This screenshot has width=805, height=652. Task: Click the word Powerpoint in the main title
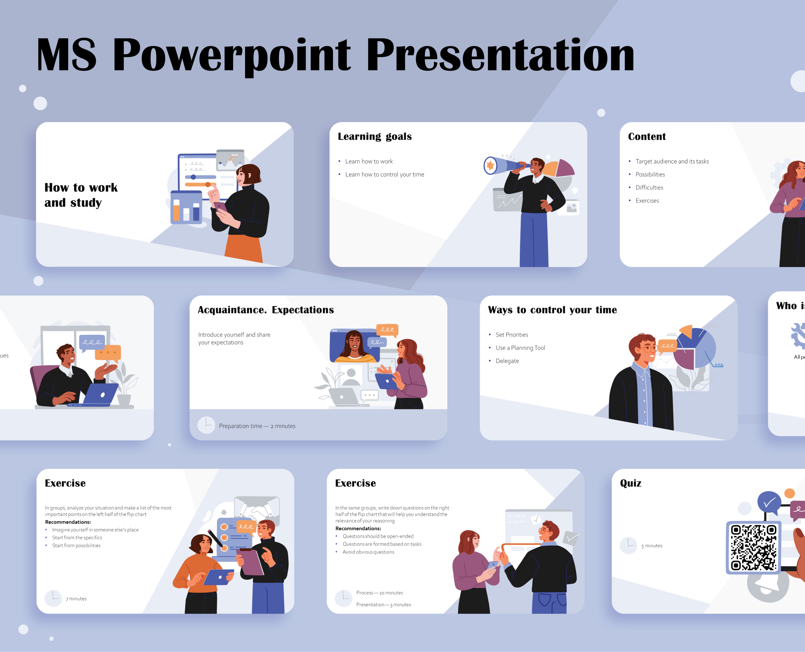click(231, 55)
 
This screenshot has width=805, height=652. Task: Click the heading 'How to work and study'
click(81, 195)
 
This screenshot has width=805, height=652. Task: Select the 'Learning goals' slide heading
click(375, 136)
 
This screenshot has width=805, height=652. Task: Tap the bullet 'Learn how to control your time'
click(384, 175)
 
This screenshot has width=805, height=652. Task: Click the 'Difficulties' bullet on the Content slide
click(649, 187)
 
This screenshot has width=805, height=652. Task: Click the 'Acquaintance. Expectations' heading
click(265, 310)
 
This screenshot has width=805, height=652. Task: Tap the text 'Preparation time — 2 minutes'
click(257, 426)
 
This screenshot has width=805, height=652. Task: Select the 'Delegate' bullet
click(507, 361)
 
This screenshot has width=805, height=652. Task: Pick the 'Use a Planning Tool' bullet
click(520, 348)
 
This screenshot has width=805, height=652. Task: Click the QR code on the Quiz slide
click(753, 547)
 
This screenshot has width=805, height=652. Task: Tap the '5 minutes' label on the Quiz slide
click(652, 546)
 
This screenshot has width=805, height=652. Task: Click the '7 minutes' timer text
click(76, 599)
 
